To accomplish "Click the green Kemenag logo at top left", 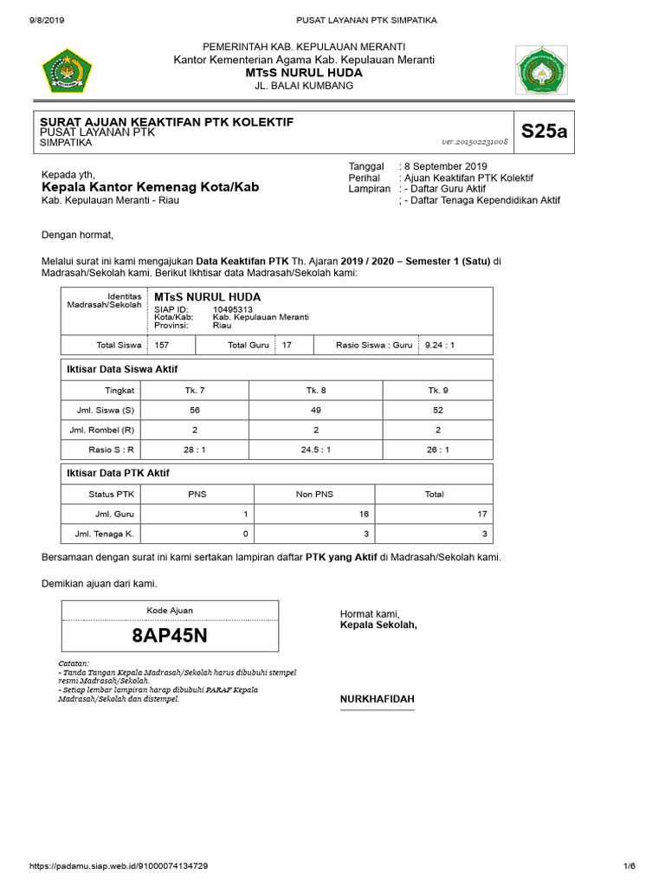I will (x=68, y=73).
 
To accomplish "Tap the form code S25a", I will (x=544, y=132).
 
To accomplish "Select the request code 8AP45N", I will (x=170, y=635).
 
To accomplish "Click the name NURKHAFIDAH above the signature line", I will (x=377, y=699).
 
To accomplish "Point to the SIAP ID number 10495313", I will (x=233, y=309).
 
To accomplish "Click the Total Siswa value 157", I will (x=161, y=345).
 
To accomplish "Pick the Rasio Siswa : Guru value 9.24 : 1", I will (x=438, y=345).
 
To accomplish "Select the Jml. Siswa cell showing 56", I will (x=195, y=410).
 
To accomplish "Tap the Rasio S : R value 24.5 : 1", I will (x=316, y=450).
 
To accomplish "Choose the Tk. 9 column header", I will (x=438, y=390).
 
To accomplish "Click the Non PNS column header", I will (x=316, y=495).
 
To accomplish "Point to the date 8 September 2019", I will (x=446, y=166).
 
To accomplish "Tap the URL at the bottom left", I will (x=119, y=866).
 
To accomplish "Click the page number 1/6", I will (x=629, y=866).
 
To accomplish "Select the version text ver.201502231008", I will (x=475, y=141).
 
